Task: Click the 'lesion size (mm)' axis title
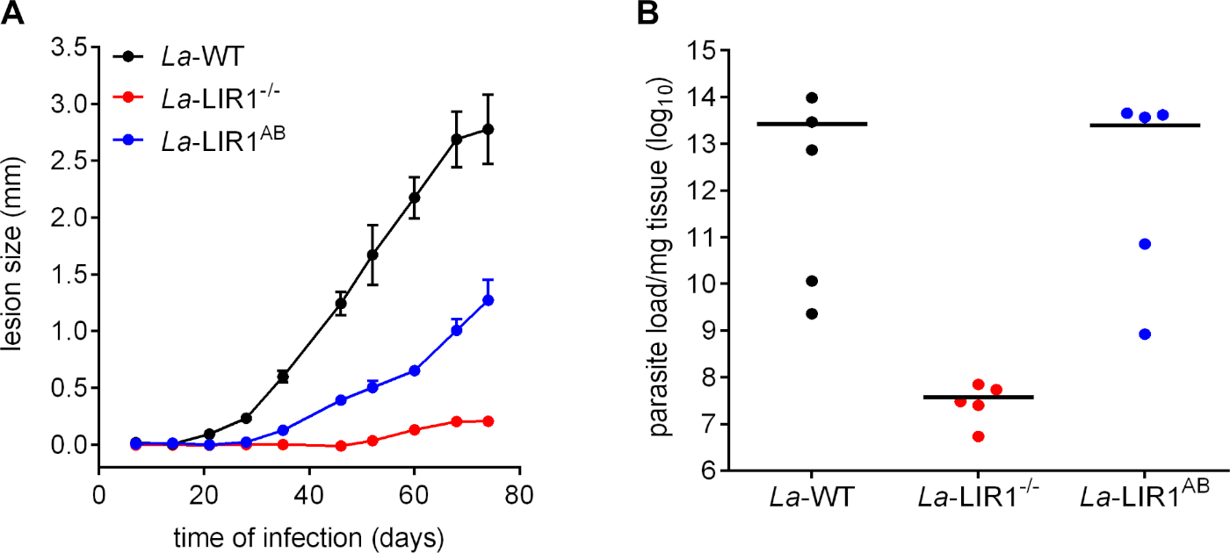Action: pyautogui.click(x=18, y=246)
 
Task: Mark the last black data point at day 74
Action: pyautogui.click(x=488, y=129)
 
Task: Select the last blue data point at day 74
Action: pyautogui.click(x=488, y=300)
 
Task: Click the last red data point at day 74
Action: pyautogui.click(x=488, y=421)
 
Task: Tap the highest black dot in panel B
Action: pyautogui.click(x=812, y=97)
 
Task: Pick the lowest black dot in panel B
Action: pyautogui.click(x=812, y=313)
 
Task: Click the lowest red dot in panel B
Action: pyautogui.click(x=978, y=436)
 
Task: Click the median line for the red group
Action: pyautogui.click(x=978, y=397)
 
